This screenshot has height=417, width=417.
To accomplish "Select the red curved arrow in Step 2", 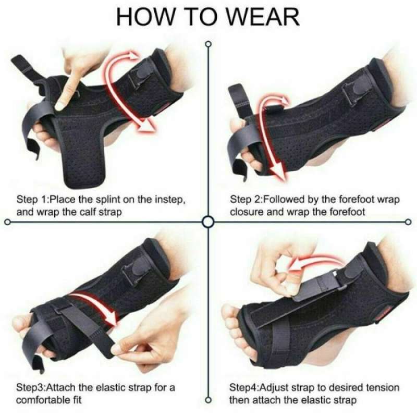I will (x=271, y=136).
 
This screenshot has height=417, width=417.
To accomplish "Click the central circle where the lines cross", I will (x=208, y=222).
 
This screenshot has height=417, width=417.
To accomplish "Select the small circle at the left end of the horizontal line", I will (x=7, y=222).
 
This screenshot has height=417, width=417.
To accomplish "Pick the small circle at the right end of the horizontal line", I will (x=410, y=222).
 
